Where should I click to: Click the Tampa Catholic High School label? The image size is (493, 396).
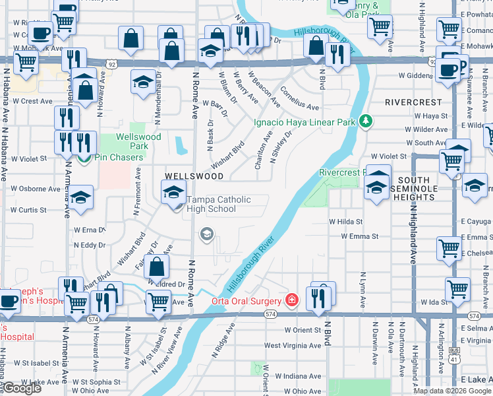coord(211,205)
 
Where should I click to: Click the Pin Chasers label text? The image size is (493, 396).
coord(119,158)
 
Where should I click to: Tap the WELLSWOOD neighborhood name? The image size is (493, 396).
coord(194,176)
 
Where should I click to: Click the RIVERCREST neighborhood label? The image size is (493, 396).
coord(413,103)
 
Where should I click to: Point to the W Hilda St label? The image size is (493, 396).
coord(346,222)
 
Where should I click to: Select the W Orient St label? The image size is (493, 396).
coord(303,330)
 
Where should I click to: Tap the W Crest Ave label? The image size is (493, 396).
coord(31,101)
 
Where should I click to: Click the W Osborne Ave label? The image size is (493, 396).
coord(36,189)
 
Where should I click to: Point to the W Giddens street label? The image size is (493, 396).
coord(413,76)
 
